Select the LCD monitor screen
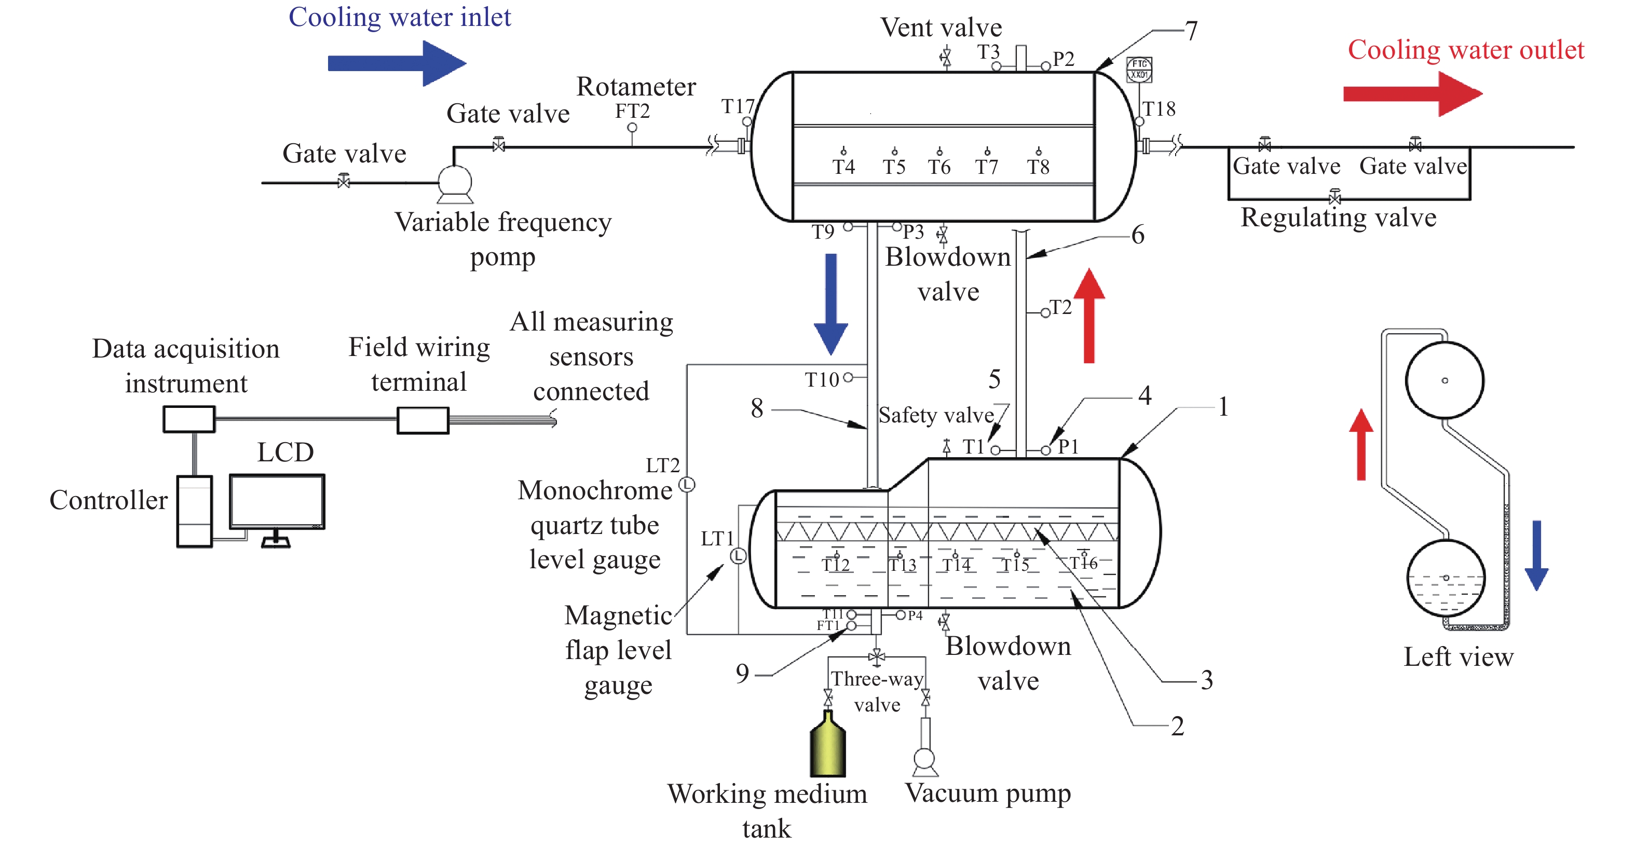pyautogui.click(x=277, y=501)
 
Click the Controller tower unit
pyautogui.click(x=194, y=511)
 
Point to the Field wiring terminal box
pyautogui.click(x=423, y=420)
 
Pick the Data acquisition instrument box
pyautogui.click(x=188, y=419)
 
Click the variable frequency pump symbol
pyautogui.click(x=455, y=182)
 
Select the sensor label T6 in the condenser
pyautogui.click(x=939, y=167)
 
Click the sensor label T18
pyautogui.click(x=1159, y=109)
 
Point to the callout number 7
pyautogui.click(x=1191, y=31)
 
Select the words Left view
pyautogui.click(x=1458, y=657)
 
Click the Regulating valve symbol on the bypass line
pyautogui.click(x=1335, y=198)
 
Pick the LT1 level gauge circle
pyautogui.click(x=738, y=556)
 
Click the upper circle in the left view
pyautogui.click(x=1444, y=380)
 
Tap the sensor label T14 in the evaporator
pyautogui.click(x=956, y=564)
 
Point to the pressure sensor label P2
pyautogui.click(x=1063, y=59)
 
